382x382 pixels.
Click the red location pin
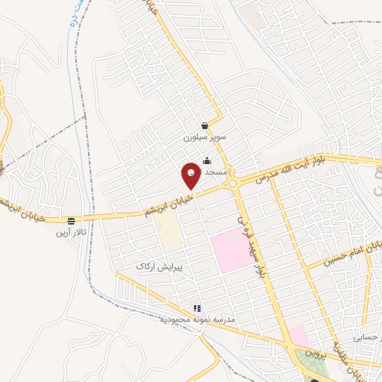coord(192,176)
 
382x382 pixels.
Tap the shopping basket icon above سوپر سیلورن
coord(204,128)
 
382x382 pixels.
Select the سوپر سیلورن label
coord(203,139)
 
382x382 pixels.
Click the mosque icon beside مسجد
coord(206,161)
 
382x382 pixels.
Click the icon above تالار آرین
coord(71,221)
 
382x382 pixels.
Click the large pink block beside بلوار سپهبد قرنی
coord(231,249)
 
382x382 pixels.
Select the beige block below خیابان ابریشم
coord(169,234)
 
